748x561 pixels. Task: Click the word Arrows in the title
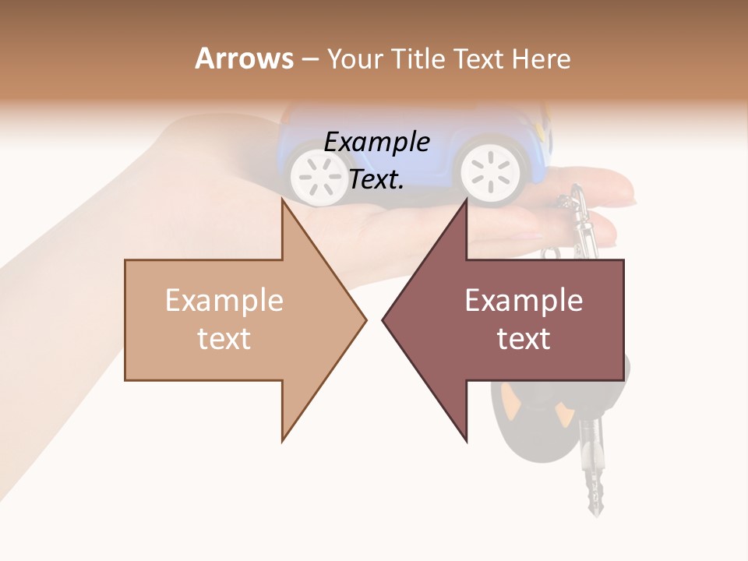(244, 58)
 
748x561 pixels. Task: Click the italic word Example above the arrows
(376, 142)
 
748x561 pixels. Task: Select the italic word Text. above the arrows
(376, 179)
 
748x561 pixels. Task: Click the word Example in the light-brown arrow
(224, 301)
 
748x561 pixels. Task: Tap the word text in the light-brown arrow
(224, 339)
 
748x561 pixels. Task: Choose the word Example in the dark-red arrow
(524, 301)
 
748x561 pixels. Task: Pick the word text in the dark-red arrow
(524, 339)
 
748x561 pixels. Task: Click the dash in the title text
(309, 59)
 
